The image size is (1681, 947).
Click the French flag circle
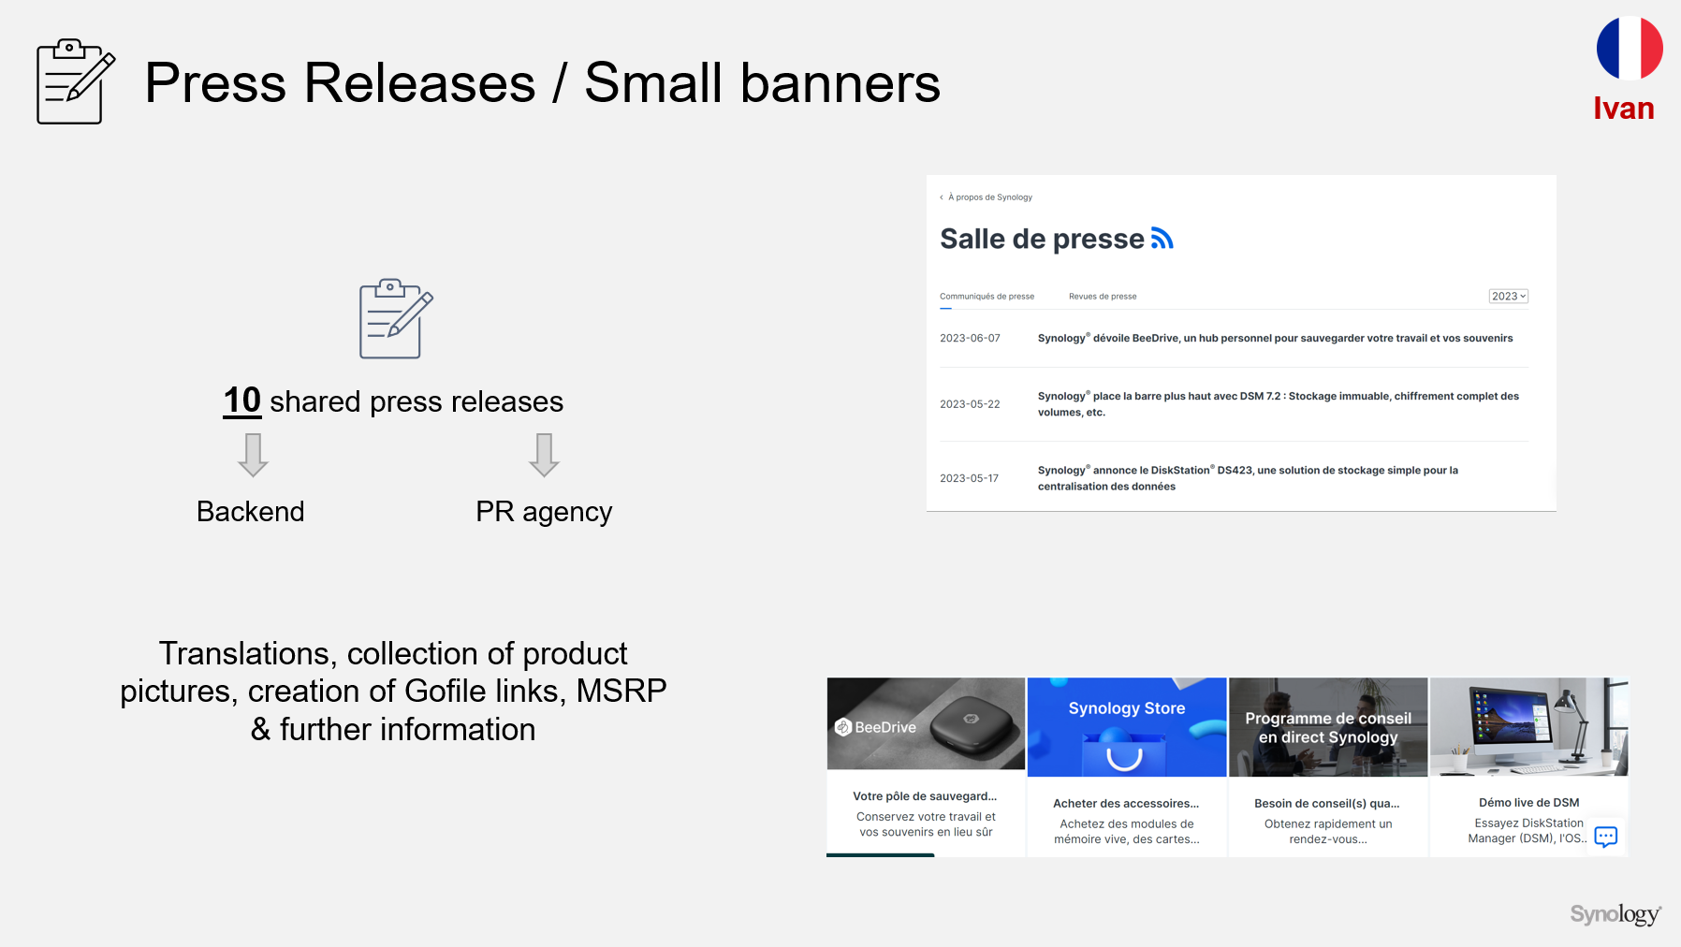(x=1630, y=48)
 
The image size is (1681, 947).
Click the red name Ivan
(x=1624, y=109)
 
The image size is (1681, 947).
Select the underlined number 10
(x=242, y=401)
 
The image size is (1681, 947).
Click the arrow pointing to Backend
(x=253, y=455)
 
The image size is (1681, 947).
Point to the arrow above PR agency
(x=544, y=455)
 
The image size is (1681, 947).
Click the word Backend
(x=251, y=512)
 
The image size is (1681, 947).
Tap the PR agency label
(x=544, y=513)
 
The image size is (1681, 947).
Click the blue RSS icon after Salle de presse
(x=1162, y=239)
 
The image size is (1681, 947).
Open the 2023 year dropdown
(x=1509, y=297)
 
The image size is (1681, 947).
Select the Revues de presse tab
(x=1103, y=297)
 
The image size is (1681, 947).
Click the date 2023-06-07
(x=970, y=339)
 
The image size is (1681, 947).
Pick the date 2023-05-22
(x=970, y=404)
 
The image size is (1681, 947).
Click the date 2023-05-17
(x=969, y=478)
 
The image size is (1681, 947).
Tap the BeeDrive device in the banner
(x=970, y=721)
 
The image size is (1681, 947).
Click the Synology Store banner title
(x=1127, y=708)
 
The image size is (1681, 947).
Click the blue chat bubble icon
(x=1606, y=837)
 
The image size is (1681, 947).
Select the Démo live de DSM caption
(x=1529, y=803)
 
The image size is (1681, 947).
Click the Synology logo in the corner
(x=1615, y=914)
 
